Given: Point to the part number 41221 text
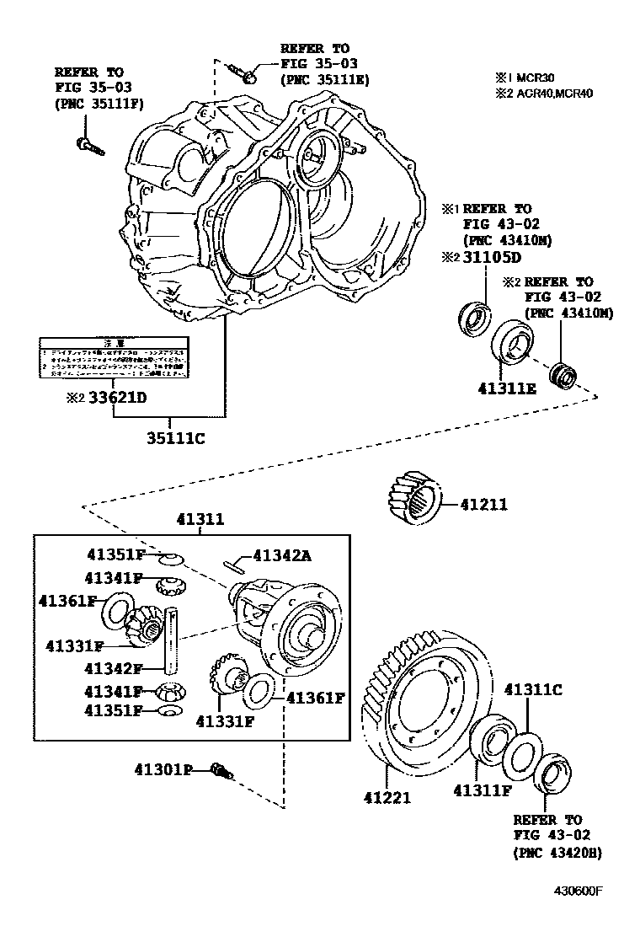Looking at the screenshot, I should point(387,796).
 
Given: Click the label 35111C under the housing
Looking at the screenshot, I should point(176,438).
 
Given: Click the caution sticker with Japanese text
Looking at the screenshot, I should point(111,358).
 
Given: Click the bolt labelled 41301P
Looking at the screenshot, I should point(222,770).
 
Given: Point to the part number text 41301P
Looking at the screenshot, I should point(163,769).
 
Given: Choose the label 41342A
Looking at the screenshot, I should point(282,555).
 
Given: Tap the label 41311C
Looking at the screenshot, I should point(532,689).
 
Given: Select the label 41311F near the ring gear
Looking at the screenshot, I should point(483,790).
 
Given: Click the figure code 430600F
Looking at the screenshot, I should point(582,891).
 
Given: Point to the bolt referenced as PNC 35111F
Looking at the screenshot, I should point(89,147).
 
